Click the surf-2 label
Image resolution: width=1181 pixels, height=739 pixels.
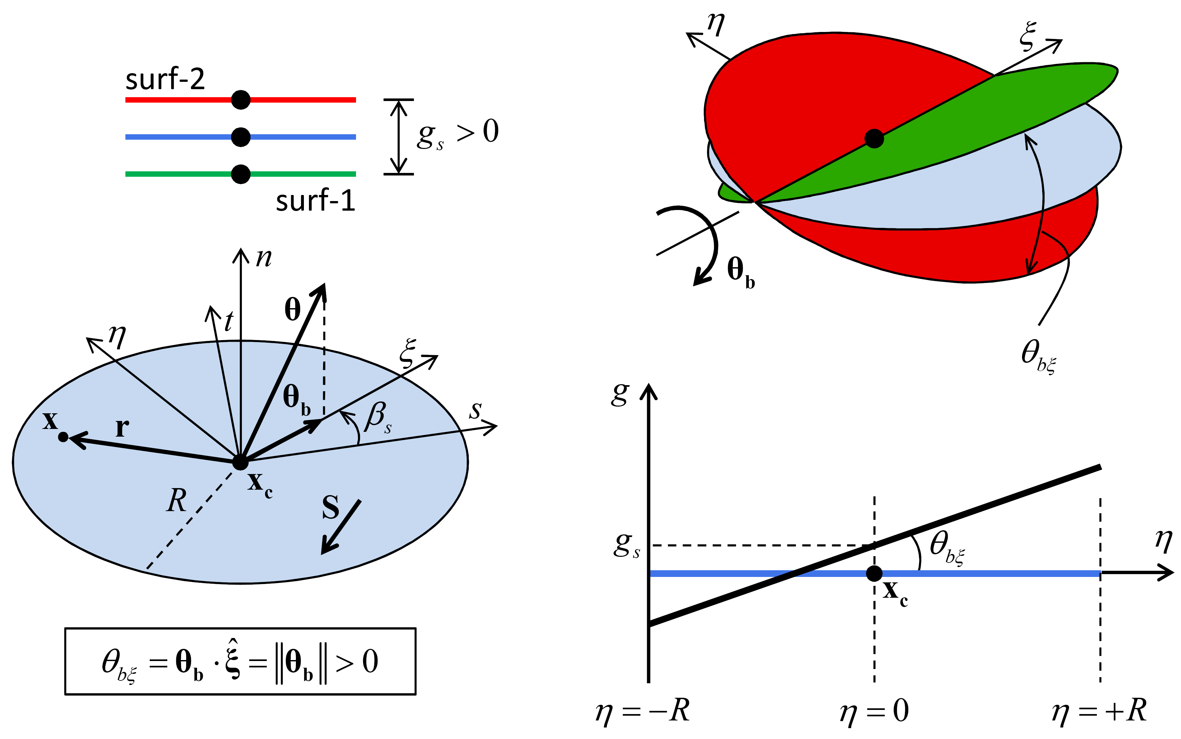pyautogui.click(x=165, y=79)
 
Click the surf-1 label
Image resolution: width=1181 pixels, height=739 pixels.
pyautogui.click(x=315, y=200)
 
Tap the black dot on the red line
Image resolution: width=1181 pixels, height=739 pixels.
pyautogui.click(x=241, y=100)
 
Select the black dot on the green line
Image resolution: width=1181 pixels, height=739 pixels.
pyautogui.click(x=241, y=174)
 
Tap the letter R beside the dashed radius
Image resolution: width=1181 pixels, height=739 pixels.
pyautogui.click(x=177, y=501)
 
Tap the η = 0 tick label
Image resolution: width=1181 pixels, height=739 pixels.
pyautogui.click(x=874, y=711)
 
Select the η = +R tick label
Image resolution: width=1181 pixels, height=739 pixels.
pyautogui.click(x=1099, y=711)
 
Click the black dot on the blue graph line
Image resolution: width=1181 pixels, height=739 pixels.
pyautogui.click(x=874, y=573)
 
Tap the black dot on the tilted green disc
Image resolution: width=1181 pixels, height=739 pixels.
pyautogui.click(x=874, y=138)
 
